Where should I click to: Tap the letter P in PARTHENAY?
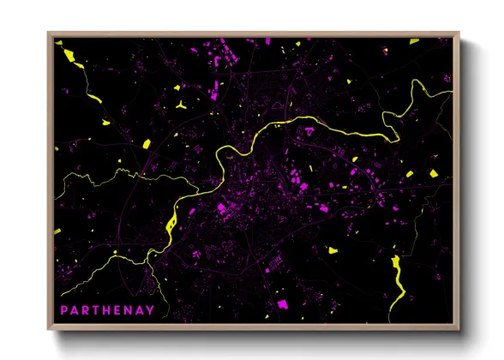click(64, 309)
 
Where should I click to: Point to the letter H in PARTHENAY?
click(105, 309)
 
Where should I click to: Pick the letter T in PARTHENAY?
click(95, 309)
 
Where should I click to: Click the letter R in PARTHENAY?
click(85, 309)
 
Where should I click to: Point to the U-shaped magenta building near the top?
click(232, 57)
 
